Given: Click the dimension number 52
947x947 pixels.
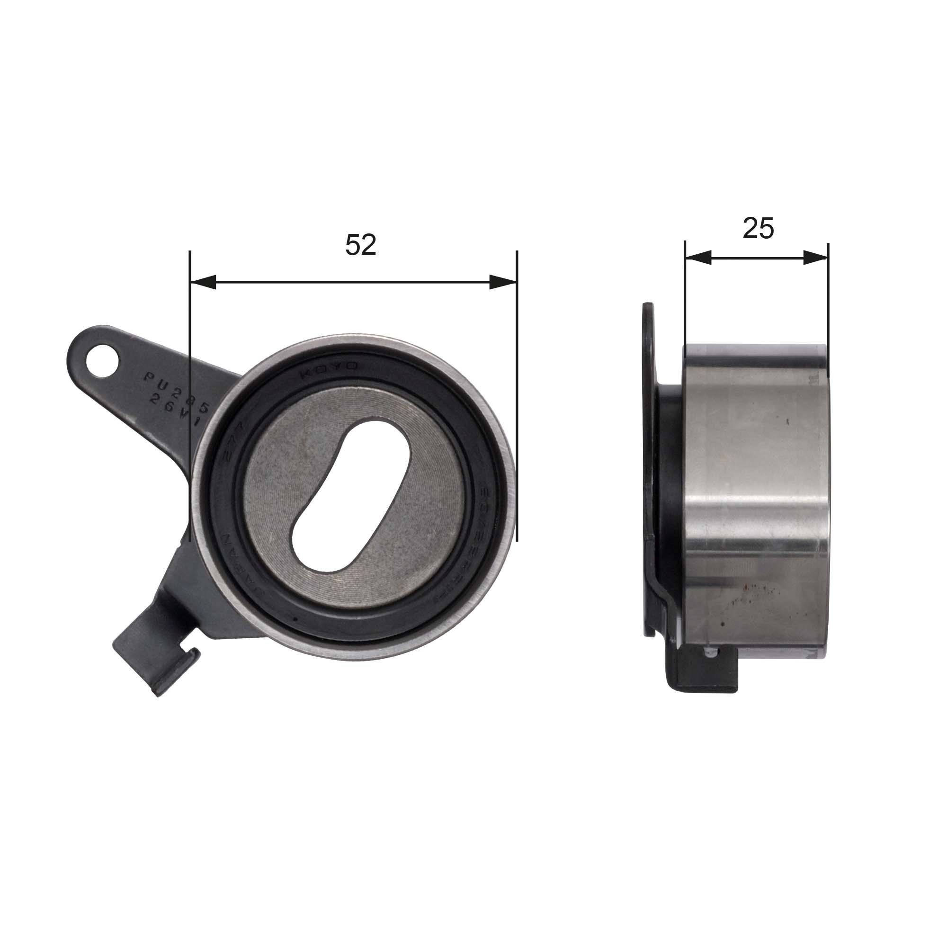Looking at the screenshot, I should coord(361,245).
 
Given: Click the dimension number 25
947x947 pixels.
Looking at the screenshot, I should coord(758,228).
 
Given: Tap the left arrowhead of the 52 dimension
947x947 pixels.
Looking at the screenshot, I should coord(203,282).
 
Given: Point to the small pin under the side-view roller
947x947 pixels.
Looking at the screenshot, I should coord(709,652).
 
